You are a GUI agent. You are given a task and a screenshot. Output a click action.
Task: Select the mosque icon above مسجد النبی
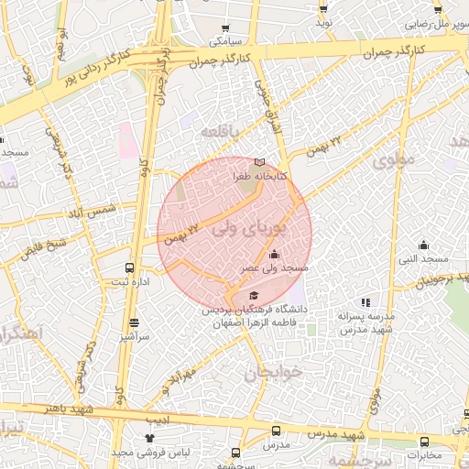(x=423, y=245)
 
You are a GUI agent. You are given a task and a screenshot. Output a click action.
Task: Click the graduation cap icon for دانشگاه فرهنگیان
(x=253, y=295)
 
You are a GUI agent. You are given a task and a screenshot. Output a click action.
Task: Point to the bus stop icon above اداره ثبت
(x=130, y=268)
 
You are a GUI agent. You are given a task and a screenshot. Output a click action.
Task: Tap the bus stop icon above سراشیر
(x=135, y=322)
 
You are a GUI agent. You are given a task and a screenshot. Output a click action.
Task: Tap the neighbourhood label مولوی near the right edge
(x=395, y=158)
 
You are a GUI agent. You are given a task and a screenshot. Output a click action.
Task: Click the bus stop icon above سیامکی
(x=226, y=28)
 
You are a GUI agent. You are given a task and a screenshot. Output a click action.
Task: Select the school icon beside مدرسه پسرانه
(x=365, y=302)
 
